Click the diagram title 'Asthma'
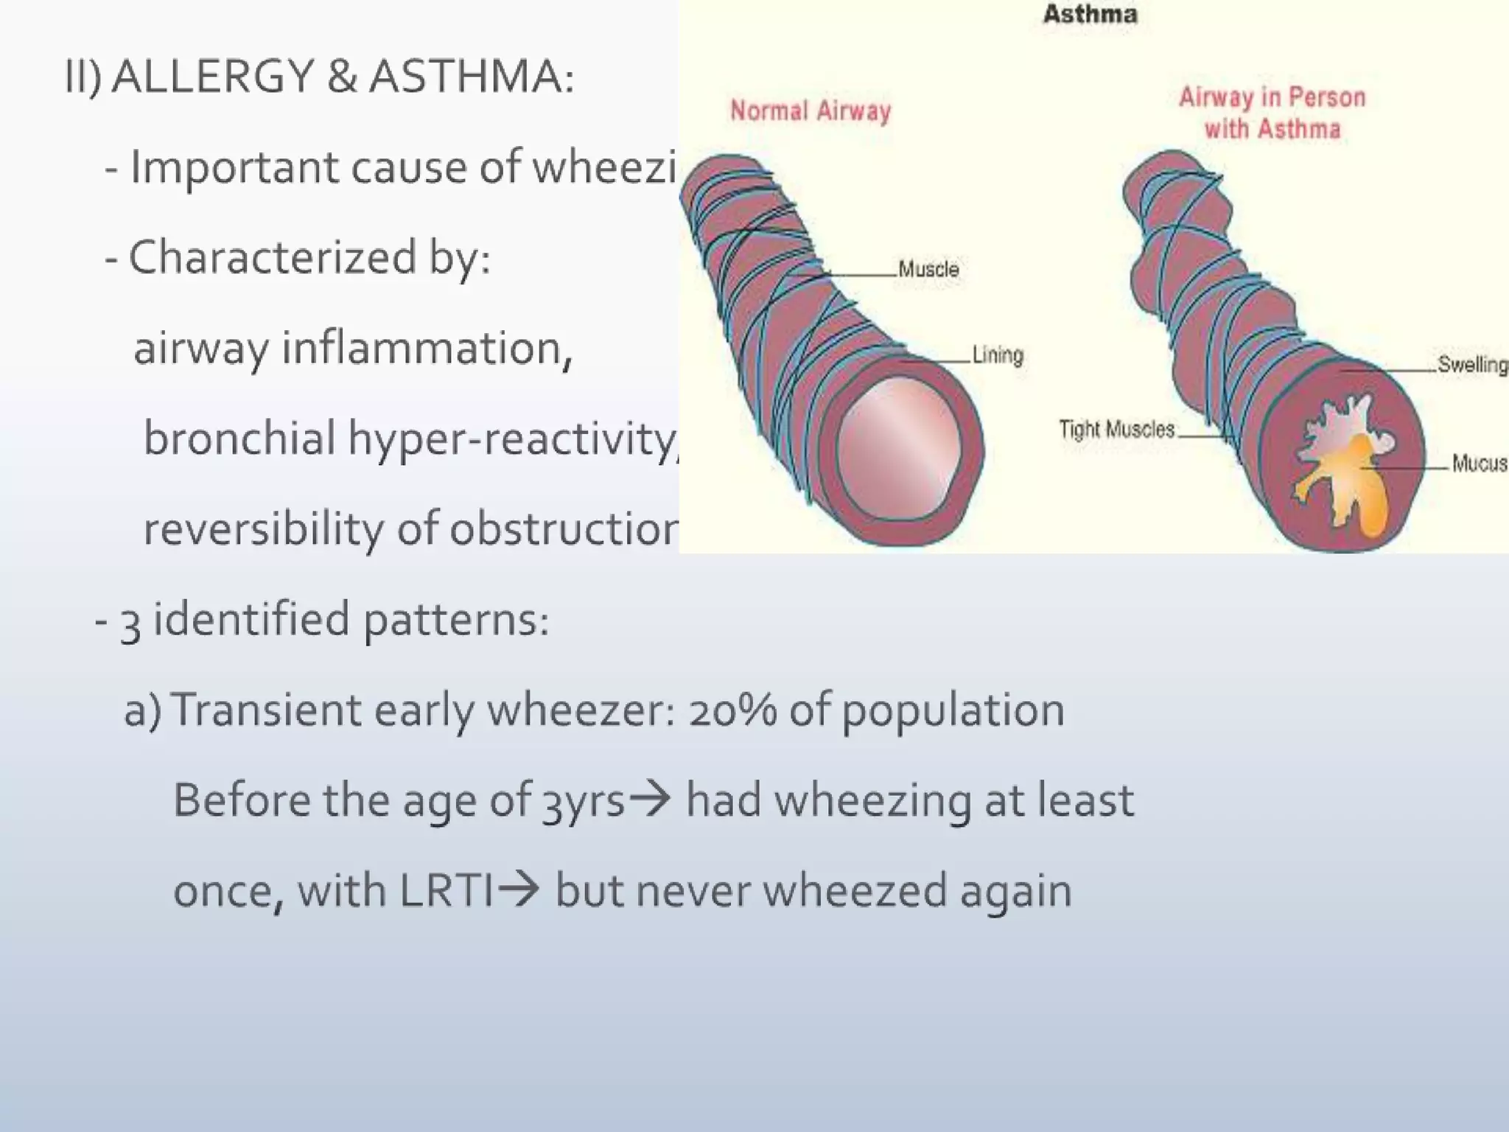(x=1090, y=15)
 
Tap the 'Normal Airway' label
(x=810, y=111)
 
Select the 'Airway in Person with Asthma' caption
(x=1272, y=113)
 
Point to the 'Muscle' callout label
(x=928, y=270)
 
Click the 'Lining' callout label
(x=998, y=355)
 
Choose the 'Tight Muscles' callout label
(x=1116, y=430)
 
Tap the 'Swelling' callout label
(x=1472, y=365)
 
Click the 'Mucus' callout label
(x=1479, y=464)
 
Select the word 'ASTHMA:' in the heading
(x=472, y=76)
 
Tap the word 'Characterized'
(x=273, y=257)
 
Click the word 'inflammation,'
(x=427, y=348)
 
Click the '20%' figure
(x=732, y=710)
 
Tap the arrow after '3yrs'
(x=648, y=800)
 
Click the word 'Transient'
(x=267, y=710)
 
